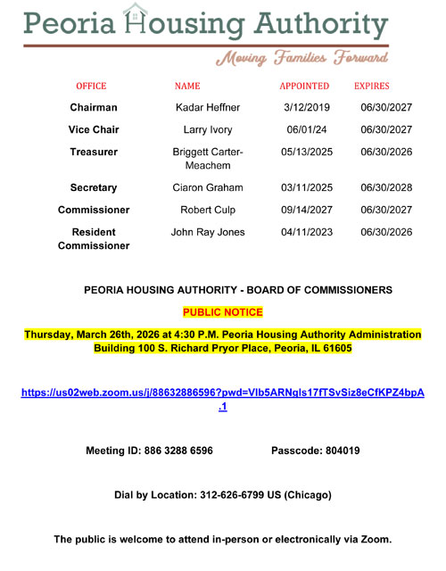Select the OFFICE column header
point(91,87)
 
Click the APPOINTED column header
point(304,87)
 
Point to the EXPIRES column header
point(372,87)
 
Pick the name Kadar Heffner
point(208,108)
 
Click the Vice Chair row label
point(94,130)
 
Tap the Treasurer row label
point(94,153)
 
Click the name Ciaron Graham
point(208,188)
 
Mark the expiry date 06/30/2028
point(385,188)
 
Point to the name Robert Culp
point(208,211)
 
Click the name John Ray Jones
point(208,233)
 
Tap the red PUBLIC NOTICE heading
point(223,312)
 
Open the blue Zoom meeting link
point(223,393)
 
